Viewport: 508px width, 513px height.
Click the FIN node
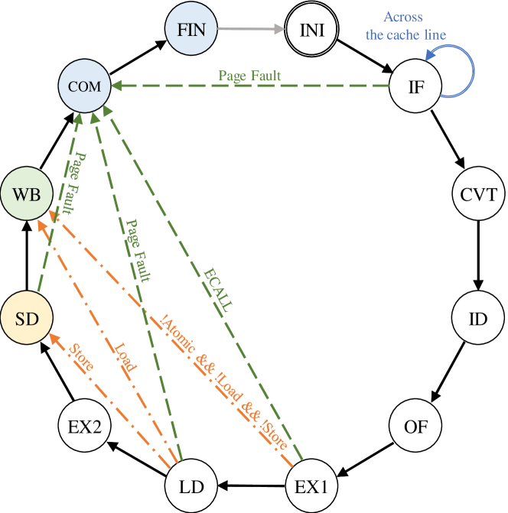tap(191, 31)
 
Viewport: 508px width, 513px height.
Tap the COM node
tap(84, 86)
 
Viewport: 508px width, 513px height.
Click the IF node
tap(416, 86)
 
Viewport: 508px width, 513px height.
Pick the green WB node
tap(26, 193)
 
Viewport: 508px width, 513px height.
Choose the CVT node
tap(478, 193)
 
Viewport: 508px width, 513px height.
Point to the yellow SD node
tap(26, 318)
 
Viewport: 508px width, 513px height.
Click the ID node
tap(478, 318)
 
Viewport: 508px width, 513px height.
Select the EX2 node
tap(84, 426)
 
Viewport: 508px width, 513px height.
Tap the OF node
tap(416, 426)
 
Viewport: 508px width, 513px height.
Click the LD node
tap(191, 486)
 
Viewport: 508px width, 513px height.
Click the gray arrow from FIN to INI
tap(252, 31)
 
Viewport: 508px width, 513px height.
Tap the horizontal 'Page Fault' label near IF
tap(249, 76)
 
